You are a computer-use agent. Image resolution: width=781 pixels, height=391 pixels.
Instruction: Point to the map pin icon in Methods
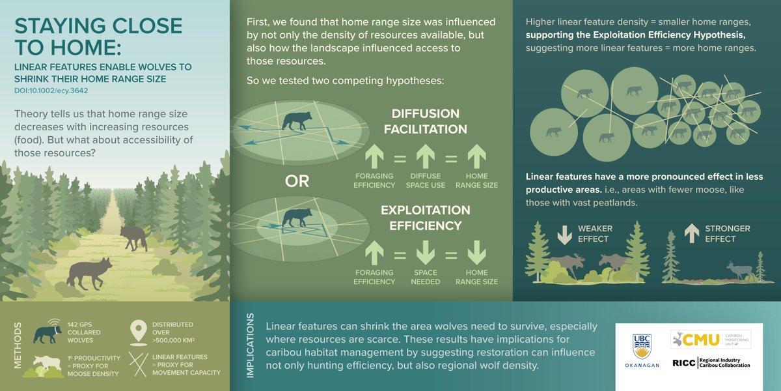[138, 330]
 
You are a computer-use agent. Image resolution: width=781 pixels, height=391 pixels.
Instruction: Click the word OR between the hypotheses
[297, 182]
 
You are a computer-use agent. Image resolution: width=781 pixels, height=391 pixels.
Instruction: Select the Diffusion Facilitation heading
[425, 121]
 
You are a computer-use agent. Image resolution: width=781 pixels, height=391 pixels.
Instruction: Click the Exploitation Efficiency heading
[425, 218]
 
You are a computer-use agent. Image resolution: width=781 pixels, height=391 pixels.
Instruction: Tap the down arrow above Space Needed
[425, 252]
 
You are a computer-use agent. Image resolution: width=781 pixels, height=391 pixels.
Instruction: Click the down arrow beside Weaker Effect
[564, 233]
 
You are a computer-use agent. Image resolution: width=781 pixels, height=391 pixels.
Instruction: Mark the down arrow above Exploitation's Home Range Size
[477, 252]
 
